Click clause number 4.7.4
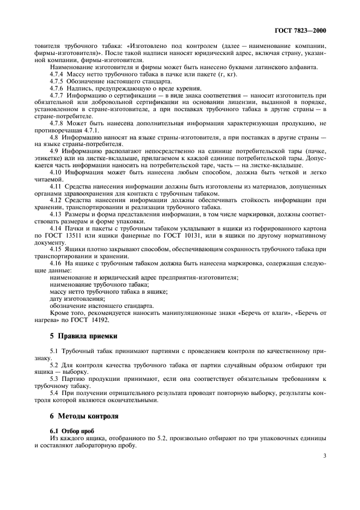tap(57, 74)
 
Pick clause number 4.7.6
tap(57, 88)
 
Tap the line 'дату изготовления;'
tap(76, 299)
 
